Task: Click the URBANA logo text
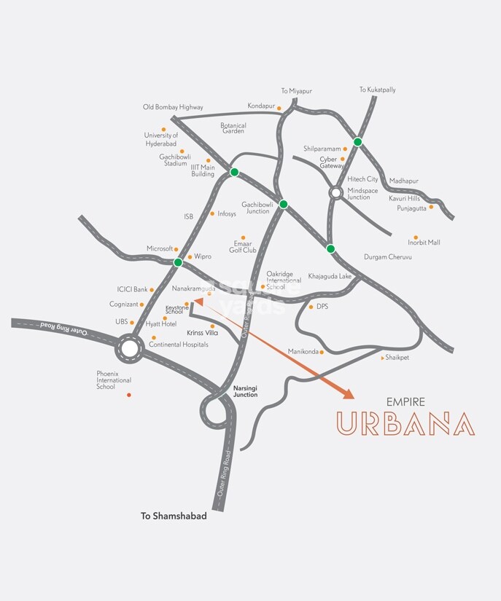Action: click(405, 424)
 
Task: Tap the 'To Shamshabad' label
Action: click(174, 516)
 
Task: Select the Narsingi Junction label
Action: click(245, 391)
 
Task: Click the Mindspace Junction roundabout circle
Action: click(335, 192)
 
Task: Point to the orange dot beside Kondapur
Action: click(279, 109)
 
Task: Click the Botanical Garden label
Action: click(233, 128)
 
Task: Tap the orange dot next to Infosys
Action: click(212, 213)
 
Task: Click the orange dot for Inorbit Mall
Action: click(416, 237)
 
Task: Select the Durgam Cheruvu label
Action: click(388, 257)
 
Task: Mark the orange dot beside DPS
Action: click(311, 307)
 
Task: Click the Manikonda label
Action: click(303, 352)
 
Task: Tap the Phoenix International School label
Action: click(114, 380)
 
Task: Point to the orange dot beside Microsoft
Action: click(176, 249)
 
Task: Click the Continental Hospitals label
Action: click(179, 344)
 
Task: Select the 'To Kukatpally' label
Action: click(377, 90)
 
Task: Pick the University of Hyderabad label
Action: click(161, 139)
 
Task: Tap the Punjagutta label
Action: click(411, 208)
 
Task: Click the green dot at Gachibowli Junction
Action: click(284, 204)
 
